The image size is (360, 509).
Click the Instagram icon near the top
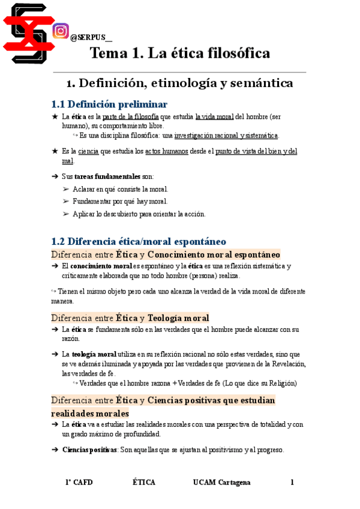coord(61,31)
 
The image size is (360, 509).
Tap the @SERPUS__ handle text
coord(91,37)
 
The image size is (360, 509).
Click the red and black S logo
coord(25,32)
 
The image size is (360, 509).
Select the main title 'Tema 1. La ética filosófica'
coord(180,53)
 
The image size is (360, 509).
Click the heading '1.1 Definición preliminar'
coord(109,104)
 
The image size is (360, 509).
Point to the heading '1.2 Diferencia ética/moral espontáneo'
coord(139,241)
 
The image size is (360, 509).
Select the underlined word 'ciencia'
coord(89,151)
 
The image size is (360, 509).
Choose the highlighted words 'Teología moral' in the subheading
coord(178,318)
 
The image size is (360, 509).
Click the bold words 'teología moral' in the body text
coord(94,354)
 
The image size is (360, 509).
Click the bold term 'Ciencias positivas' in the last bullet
coord(89,450)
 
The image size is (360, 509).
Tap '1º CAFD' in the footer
coord(79,483)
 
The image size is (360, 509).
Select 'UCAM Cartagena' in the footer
coord(221,483)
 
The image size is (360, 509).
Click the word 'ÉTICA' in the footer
coord(144,483)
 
